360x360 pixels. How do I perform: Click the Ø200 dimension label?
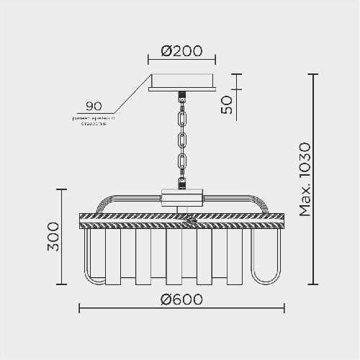(181, 51)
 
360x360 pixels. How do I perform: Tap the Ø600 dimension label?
(181, 298)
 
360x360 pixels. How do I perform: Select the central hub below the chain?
(181, 197)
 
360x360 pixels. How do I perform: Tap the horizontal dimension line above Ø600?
(181, 308)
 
